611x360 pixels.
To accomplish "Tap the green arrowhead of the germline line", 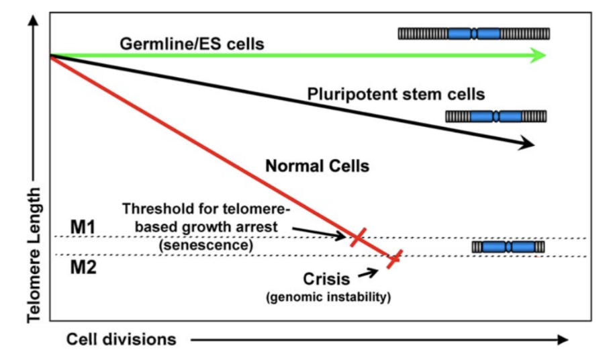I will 538,56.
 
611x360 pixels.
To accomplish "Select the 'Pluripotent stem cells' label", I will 396,93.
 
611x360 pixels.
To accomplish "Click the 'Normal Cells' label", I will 318,165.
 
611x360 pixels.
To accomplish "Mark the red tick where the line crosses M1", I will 358,236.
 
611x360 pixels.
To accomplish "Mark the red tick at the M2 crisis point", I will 394,257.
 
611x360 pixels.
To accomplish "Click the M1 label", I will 85,227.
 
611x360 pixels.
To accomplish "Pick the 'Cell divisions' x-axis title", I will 121,339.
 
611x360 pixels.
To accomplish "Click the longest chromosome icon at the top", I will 474,34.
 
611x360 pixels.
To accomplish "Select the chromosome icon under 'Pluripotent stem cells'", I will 496,117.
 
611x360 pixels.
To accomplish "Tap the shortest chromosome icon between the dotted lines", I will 508,247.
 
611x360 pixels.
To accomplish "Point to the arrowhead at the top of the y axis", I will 32,20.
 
